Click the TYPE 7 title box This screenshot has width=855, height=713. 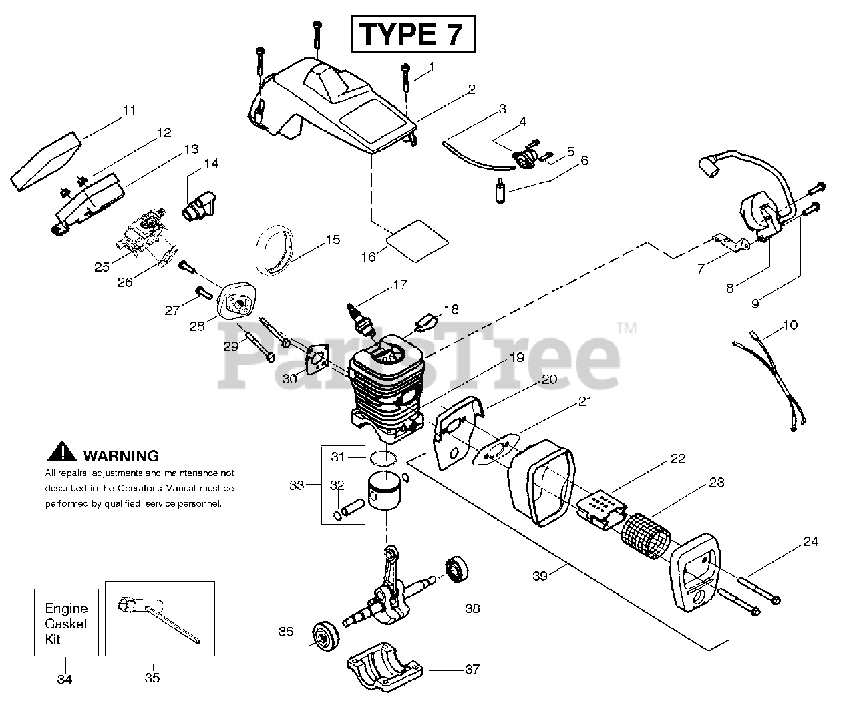413,34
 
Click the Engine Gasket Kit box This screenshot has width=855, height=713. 66,623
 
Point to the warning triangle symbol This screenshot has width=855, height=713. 61,452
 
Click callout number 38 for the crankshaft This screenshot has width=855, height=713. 472,609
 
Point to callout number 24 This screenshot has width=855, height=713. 810,541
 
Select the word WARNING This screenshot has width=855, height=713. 121,456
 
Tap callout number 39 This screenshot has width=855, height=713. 540,575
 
